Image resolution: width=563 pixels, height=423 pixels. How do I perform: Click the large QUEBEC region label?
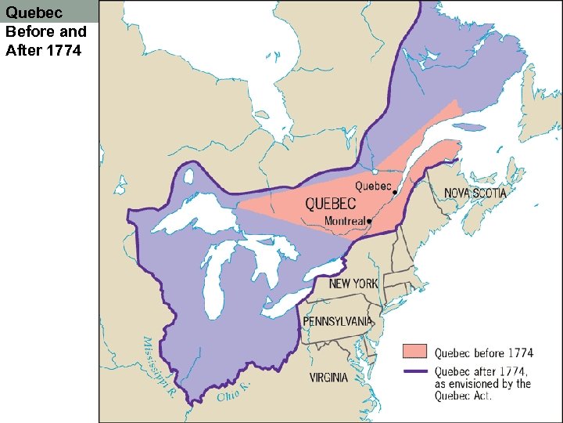[330, 204]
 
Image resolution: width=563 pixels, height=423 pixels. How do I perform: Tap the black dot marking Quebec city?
[395, 192]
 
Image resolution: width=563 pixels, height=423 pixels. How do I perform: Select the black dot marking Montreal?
[369, 222]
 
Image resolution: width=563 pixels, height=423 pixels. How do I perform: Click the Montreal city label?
[345, 222]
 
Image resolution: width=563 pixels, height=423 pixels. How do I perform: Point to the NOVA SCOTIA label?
[475, 193]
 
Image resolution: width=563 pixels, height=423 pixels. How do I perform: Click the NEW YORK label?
[353, 284]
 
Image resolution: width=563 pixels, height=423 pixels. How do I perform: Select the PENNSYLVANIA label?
[338, 322]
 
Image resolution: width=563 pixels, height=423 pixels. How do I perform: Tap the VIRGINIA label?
[328, 378]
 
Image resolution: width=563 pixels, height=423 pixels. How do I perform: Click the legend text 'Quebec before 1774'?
[483, 353]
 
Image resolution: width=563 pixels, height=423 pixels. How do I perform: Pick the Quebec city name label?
[372, 186]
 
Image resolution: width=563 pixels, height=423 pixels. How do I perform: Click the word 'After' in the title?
[22, 50]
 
